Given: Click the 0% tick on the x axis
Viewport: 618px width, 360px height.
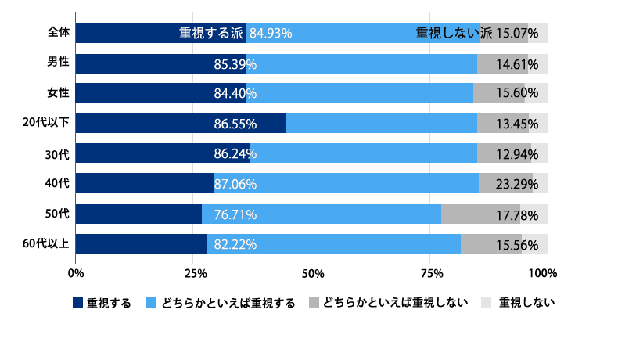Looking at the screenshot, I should point(76,273).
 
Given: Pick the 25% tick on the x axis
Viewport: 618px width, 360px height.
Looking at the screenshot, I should point(194,273).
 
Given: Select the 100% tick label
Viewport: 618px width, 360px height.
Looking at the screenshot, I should point(542,273).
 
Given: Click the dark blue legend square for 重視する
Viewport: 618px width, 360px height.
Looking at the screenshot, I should point(77,303).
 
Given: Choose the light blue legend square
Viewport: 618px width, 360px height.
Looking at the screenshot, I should point(152,303).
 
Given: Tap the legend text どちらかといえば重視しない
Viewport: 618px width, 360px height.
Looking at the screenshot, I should point(395,303).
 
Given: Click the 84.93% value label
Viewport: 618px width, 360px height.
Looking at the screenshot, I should point(270,33).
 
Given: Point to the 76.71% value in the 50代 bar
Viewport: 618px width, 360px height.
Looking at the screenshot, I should point(235,214).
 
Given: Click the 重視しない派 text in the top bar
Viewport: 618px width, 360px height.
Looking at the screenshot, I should point(454,33).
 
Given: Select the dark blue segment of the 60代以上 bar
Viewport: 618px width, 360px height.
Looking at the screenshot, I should point(141,244).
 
